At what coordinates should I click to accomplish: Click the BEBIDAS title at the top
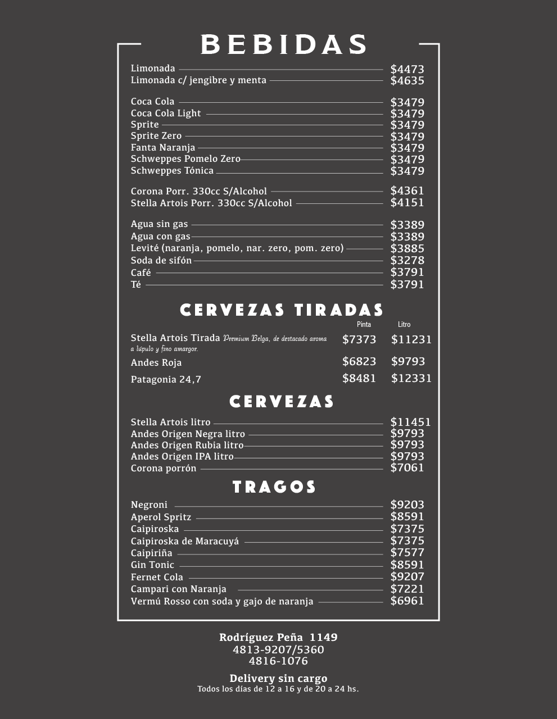click(x=284, y=45)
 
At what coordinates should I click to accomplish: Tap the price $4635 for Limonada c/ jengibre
click(x=407, y=80)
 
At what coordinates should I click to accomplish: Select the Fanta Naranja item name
click(x=163, y=148)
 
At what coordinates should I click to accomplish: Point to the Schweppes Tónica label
click(x=172, y=171)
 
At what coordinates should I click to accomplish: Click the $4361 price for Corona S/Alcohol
click(x=407, y=191)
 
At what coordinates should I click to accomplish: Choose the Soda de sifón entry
click(x=161, y=261)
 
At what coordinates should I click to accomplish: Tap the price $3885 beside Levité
click(x=407, y=248)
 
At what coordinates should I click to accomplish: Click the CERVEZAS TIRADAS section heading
click(x=282, y=310)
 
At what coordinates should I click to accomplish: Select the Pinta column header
click(x=364, y=325)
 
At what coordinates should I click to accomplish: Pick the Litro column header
click(x=404, y=325)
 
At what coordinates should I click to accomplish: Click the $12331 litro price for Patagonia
click(x=411, y=378)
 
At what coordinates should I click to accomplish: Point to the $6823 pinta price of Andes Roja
click(x=359, y=361)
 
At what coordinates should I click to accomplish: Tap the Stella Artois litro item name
click(x=171, y=422)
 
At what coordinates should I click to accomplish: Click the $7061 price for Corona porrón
click(x=407, y=467)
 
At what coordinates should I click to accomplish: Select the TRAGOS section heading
click(x=274, y=487)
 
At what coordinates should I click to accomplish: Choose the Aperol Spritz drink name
click(x=161, y=517)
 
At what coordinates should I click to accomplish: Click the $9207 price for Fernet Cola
click(x=407, y=576)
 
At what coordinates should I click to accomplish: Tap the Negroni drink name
click(x=149, y=505)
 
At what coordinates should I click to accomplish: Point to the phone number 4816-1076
click(x=278, y=661)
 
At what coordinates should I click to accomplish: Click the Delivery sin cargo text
click(x=278, y=679)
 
